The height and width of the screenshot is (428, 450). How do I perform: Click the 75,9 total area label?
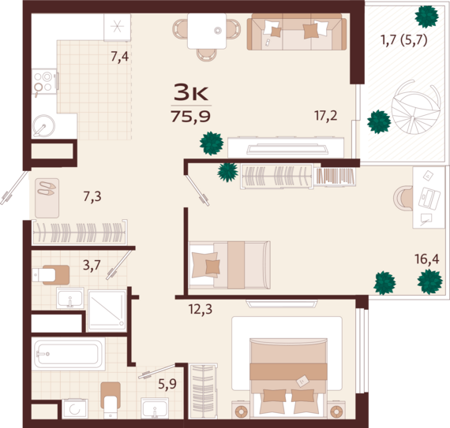pos(191,117)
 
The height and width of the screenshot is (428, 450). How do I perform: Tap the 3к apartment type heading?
pos(191,92)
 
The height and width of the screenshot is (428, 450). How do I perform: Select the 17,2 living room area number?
pos(326,116)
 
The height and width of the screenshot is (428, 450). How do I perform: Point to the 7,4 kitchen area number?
pos(120,57)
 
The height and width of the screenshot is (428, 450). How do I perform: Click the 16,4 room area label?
pos(427,259)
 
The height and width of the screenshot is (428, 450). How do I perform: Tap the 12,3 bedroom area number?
pos(201,309)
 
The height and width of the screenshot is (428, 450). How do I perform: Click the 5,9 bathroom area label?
pos(167,384)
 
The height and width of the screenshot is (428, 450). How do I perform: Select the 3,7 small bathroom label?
pos(92,266)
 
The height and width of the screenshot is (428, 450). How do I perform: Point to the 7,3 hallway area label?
pos(92,197)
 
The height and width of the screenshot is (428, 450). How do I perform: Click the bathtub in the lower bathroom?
pos(68,354)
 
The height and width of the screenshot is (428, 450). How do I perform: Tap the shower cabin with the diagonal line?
pos(107,311)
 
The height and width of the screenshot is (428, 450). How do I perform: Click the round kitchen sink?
pos(43,126)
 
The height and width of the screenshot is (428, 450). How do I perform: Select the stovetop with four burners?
pos(44,81)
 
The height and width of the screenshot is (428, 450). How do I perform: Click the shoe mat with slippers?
pos(47,198)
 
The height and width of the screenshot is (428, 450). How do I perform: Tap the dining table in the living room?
pos(207,31)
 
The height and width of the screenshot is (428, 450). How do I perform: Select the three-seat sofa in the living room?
pos(297,32)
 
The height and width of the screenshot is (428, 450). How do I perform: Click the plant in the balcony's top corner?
pos(427,17)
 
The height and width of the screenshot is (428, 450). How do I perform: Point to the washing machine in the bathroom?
pos(75,409)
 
